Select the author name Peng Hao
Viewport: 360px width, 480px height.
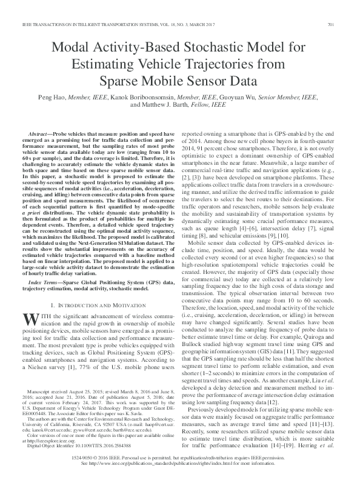click(x=78, y=97)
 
